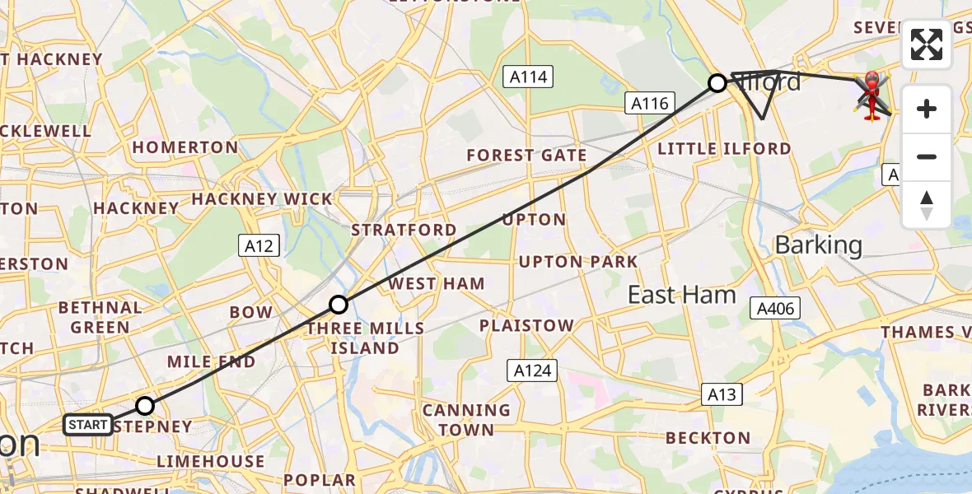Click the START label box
point(88,425)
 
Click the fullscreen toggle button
point(927,44)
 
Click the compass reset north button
point(927,205)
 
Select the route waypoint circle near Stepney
point(145,405)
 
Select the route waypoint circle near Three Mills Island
point(339,305)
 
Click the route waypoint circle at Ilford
point(717,82)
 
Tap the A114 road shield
point(527,77)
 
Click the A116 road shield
point(650,103)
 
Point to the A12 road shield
point(259,245)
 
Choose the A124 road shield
point(532,370)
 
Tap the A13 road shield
point(722,394)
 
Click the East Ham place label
point(681,295)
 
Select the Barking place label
point(819,245)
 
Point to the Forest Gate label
point(526,155)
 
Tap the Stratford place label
point(404,230)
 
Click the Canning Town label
point(466,419)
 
